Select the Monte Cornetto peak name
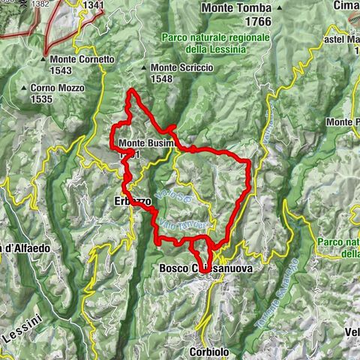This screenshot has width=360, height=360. (x=82, y=59)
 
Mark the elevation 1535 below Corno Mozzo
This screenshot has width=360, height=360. (x=44, y=97)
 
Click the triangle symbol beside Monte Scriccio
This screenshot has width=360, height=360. (x=144, y=68)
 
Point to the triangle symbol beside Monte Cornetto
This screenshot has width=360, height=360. (x=43, y=59)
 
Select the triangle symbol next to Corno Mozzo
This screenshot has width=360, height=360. (x=25, y=88)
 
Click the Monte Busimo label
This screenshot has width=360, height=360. (x=146, y=142)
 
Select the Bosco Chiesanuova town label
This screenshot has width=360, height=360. (x=206, y=268)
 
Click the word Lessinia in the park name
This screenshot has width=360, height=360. (x=235, y=49)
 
